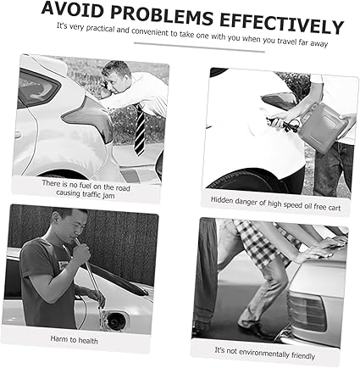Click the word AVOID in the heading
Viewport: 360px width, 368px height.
click(72, 10)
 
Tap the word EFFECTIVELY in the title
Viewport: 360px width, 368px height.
click(282, 25)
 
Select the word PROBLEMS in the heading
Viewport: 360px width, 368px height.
click(162, 16)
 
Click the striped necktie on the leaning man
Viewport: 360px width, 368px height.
click(140, 131)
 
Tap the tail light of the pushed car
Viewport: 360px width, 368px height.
click(308, 310)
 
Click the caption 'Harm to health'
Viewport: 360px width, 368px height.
click(74, 339)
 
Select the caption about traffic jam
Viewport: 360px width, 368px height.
click(86, 188)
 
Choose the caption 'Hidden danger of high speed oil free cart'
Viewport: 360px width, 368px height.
click(275, 204)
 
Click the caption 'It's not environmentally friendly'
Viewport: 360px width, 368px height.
click(264, 353)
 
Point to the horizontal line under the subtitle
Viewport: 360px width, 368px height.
click(199, 47)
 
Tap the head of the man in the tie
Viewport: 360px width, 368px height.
click(116, 76)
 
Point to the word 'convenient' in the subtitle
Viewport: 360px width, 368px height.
click(150, 31)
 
